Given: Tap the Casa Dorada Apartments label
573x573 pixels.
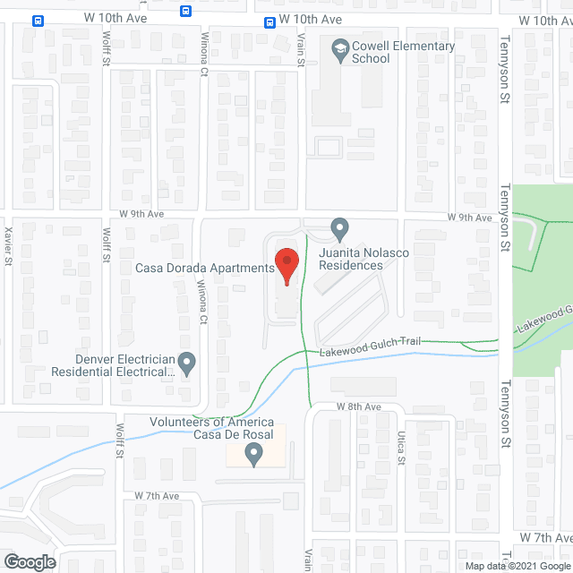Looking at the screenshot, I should tap(203, 268).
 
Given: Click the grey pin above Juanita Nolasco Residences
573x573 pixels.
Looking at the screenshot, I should tap(339, 229).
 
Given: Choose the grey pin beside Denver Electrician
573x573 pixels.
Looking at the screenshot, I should tap(186, 363).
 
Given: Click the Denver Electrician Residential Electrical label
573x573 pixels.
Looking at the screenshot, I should tap(112, 363).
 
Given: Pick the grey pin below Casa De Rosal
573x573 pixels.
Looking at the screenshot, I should tap(253, 457).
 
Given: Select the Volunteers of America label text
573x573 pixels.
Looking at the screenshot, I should tap(210, 423).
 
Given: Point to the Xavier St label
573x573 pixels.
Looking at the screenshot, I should tap(8, 246).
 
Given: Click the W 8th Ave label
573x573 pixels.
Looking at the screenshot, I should tap(359, 406).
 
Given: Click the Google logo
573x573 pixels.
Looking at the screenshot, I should tap(29, 562).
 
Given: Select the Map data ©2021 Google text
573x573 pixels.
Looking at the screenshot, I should tap(517, 565).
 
